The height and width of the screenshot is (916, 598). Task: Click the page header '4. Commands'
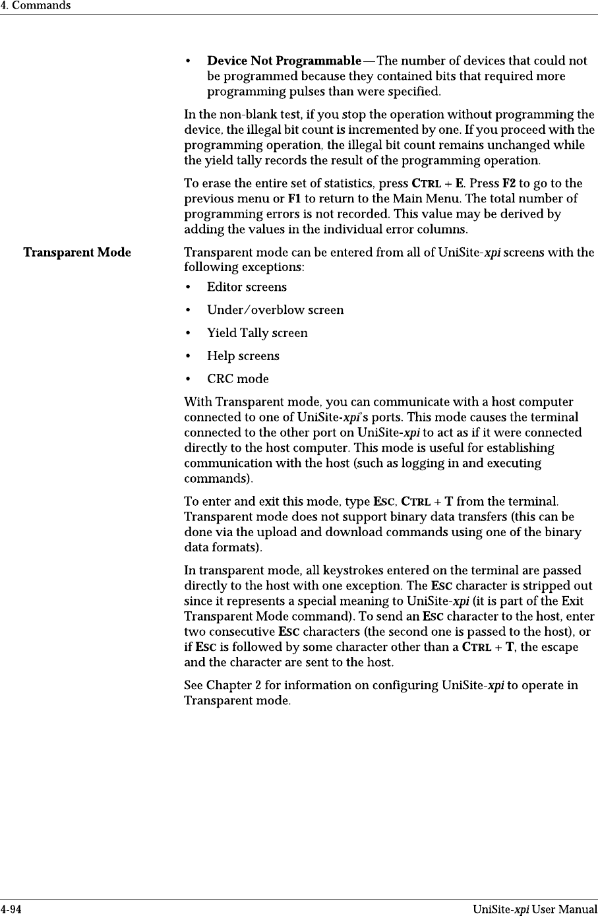tap(35, 6)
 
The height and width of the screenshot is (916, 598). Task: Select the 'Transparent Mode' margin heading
tap(77, 253)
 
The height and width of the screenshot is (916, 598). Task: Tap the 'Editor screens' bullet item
tap(247, 287)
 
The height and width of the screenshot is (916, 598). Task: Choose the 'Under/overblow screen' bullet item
tap(275, 310)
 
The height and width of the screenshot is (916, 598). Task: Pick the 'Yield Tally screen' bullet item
tap(257, 333)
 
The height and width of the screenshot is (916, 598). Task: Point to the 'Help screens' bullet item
tap(243, 356)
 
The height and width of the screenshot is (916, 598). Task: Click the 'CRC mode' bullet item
tap(237, 379)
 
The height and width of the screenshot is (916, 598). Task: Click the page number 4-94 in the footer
tap(11, 910)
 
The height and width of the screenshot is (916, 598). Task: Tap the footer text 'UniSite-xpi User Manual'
tap(535, 910)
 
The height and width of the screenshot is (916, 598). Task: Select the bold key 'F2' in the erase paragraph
tap(510, 183)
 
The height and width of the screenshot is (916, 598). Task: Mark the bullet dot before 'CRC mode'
tap(189, 379)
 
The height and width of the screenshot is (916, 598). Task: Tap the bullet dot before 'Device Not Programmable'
tap(189, 61)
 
